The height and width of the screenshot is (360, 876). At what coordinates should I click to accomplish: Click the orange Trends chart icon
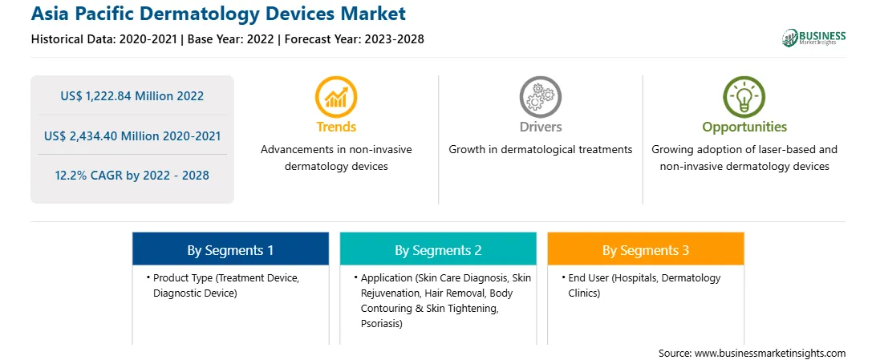pyautogui.click(x=336, y=96)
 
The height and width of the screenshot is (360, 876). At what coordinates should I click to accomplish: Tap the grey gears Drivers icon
pyautogui.click(x=540, y=96)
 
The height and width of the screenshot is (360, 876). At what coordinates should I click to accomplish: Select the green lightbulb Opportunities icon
pyautogui.click(x=744, y=96)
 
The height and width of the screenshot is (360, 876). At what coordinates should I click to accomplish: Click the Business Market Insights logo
pyautogui.click(x=814, y=38)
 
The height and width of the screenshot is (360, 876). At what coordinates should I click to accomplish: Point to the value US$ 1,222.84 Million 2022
pyautogui.click(x=132, y=96)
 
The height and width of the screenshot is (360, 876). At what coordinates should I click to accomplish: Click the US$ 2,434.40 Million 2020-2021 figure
pyautogui.click(x=132, y=136)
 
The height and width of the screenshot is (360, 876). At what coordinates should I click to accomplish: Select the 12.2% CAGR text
pyautogui.click(x=132, y=176)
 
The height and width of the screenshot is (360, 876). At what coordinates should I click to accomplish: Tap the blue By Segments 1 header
pyautogui.click(x=230, y=249)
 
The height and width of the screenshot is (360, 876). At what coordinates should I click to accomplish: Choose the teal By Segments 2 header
pyautogui.click(x=438, y=249)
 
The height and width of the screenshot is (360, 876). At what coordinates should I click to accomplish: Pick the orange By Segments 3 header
pyautogui.click(x=645, y=249)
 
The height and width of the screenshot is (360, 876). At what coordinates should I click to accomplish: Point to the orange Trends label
pyautogui.click(x=336, y=127)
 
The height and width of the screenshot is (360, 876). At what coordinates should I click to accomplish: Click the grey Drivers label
pyautogui.click(x=540, y=127)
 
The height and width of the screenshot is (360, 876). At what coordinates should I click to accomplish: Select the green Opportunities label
pyautogui.click(x=744, y=127)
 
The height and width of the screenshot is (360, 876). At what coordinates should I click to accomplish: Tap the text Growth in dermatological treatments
pyautogui.click(x=540, y=150)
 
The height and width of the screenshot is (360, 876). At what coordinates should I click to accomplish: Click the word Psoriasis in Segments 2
pyautogui.click(x=380, y=324)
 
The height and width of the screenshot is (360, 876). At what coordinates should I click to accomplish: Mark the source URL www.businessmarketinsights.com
pyautogui.click(x=770, y=353)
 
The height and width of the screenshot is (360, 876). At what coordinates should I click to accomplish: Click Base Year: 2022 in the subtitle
pyautogui.click(x=231, y=39)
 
